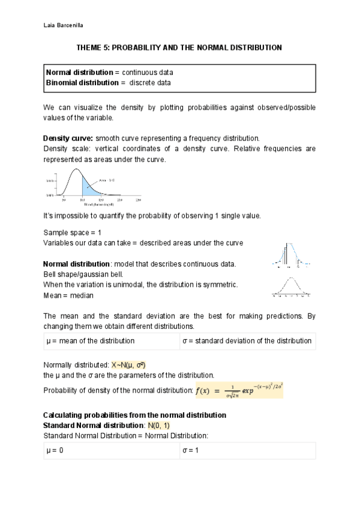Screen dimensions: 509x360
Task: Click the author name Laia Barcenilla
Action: [65, 26]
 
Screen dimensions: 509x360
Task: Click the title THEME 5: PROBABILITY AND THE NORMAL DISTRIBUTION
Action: [179, 47]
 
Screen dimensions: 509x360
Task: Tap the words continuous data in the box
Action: [148, 72]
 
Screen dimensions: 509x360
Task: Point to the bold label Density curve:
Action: [68, 137]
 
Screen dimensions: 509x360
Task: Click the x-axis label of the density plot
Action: [88, 204]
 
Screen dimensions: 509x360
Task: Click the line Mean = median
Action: [68, 295]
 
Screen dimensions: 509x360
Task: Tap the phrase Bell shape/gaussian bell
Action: [83, 274]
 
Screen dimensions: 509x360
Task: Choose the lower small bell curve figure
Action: [290, 287]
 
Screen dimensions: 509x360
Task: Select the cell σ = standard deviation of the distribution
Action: [247, 341]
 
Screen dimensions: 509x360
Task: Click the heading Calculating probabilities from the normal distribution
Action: [134, 415]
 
